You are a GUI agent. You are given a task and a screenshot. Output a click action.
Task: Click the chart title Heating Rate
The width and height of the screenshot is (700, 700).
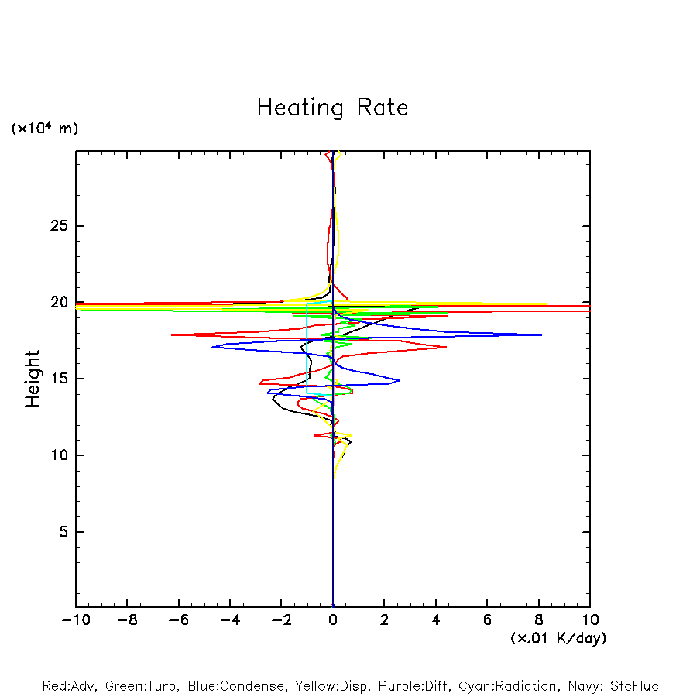(x=332, y=108)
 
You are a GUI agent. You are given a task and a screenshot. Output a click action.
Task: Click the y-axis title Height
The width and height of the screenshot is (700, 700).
(x=33, y=379)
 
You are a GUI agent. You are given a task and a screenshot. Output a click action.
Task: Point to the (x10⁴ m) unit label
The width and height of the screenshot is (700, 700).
(x=44, y=129)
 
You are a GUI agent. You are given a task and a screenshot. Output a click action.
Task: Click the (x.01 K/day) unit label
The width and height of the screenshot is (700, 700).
(x=558, y=638)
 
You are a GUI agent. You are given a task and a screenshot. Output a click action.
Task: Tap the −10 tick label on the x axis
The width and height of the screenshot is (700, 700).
(x=74, y=620)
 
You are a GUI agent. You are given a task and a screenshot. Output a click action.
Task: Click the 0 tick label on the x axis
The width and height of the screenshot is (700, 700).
(x=333, y=620)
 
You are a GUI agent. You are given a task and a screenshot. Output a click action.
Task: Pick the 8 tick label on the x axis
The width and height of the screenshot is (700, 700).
(x=539, y=620)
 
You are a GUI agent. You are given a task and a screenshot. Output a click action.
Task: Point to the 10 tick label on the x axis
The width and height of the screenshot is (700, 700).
(x=590, y=620)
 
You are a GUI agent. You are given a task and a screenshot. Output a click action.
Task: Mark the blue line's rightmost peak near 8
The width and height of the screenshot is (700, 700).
(x=540, y=335)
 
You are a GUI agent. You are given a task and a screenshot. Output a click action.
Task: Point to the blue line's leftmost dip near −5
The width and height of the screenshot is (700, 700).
(x=212, y=347)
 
